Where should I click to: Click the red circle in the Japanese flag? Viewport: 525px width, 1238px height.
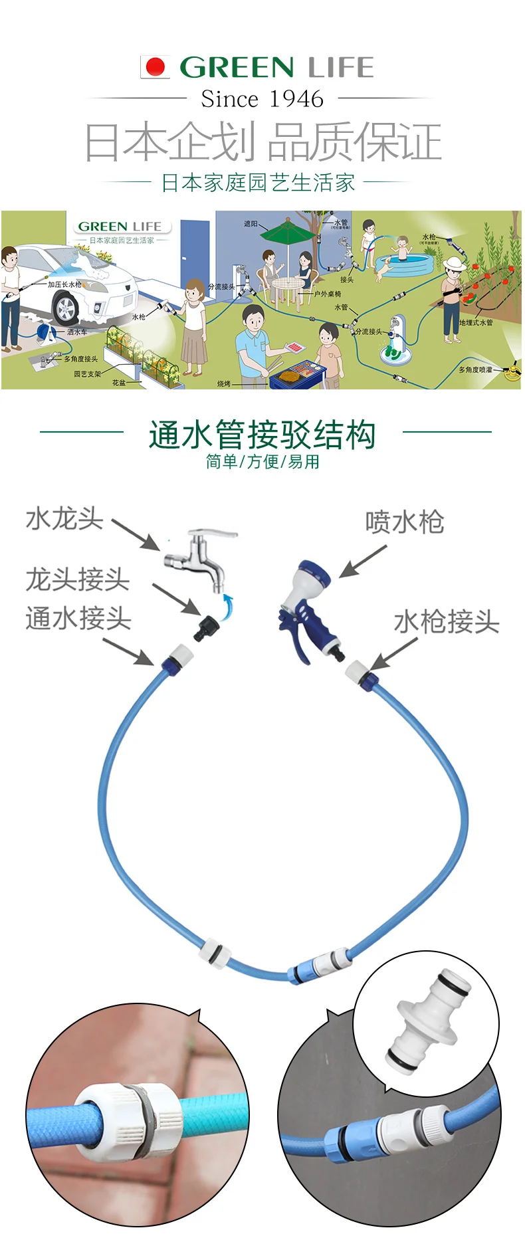coord(156,66)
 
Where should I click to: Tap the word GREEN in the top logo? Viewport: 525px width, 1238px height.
coord(237,67)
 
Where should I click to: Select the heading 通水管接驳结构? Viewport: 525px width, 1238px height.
coord(262,435)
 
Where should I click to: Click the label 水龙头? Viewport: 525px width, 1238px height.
coord(64,518)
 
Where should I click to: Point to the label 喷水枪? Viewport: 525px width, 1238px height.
coord(404,522)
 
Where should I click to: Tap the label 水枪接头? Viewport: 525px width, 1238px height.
coord(446,622)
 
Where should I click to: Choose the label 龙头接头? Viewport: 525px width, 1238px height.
coord(77,579)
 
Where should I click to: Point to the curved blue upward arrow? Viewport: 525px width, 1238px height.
coord(228,607)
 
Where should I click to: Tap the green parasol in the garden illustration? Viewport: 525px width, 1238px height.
coord(287,233)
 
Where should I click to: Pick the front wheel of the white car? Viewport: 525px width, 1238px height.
coord(65,309)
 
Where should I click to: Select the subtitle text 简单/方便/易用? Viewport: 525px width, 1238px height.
coord(262,461)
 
